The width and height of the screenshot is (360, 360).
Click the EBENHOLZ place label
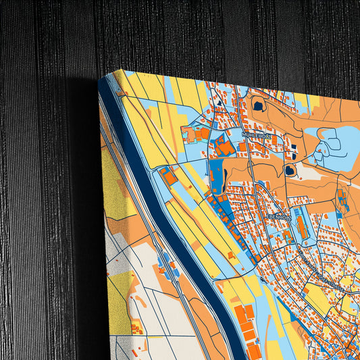pos(278,217)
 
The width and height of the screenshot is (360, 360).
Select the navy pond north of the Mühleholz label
pos(258,105)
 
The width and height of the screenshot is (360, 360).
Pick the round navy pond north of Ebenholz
pos(290,170)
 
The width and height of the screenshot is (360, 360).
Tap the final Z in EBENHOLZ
pos(290,217)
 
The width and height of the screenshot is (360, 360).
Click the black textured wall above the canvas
pos(203,34)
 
